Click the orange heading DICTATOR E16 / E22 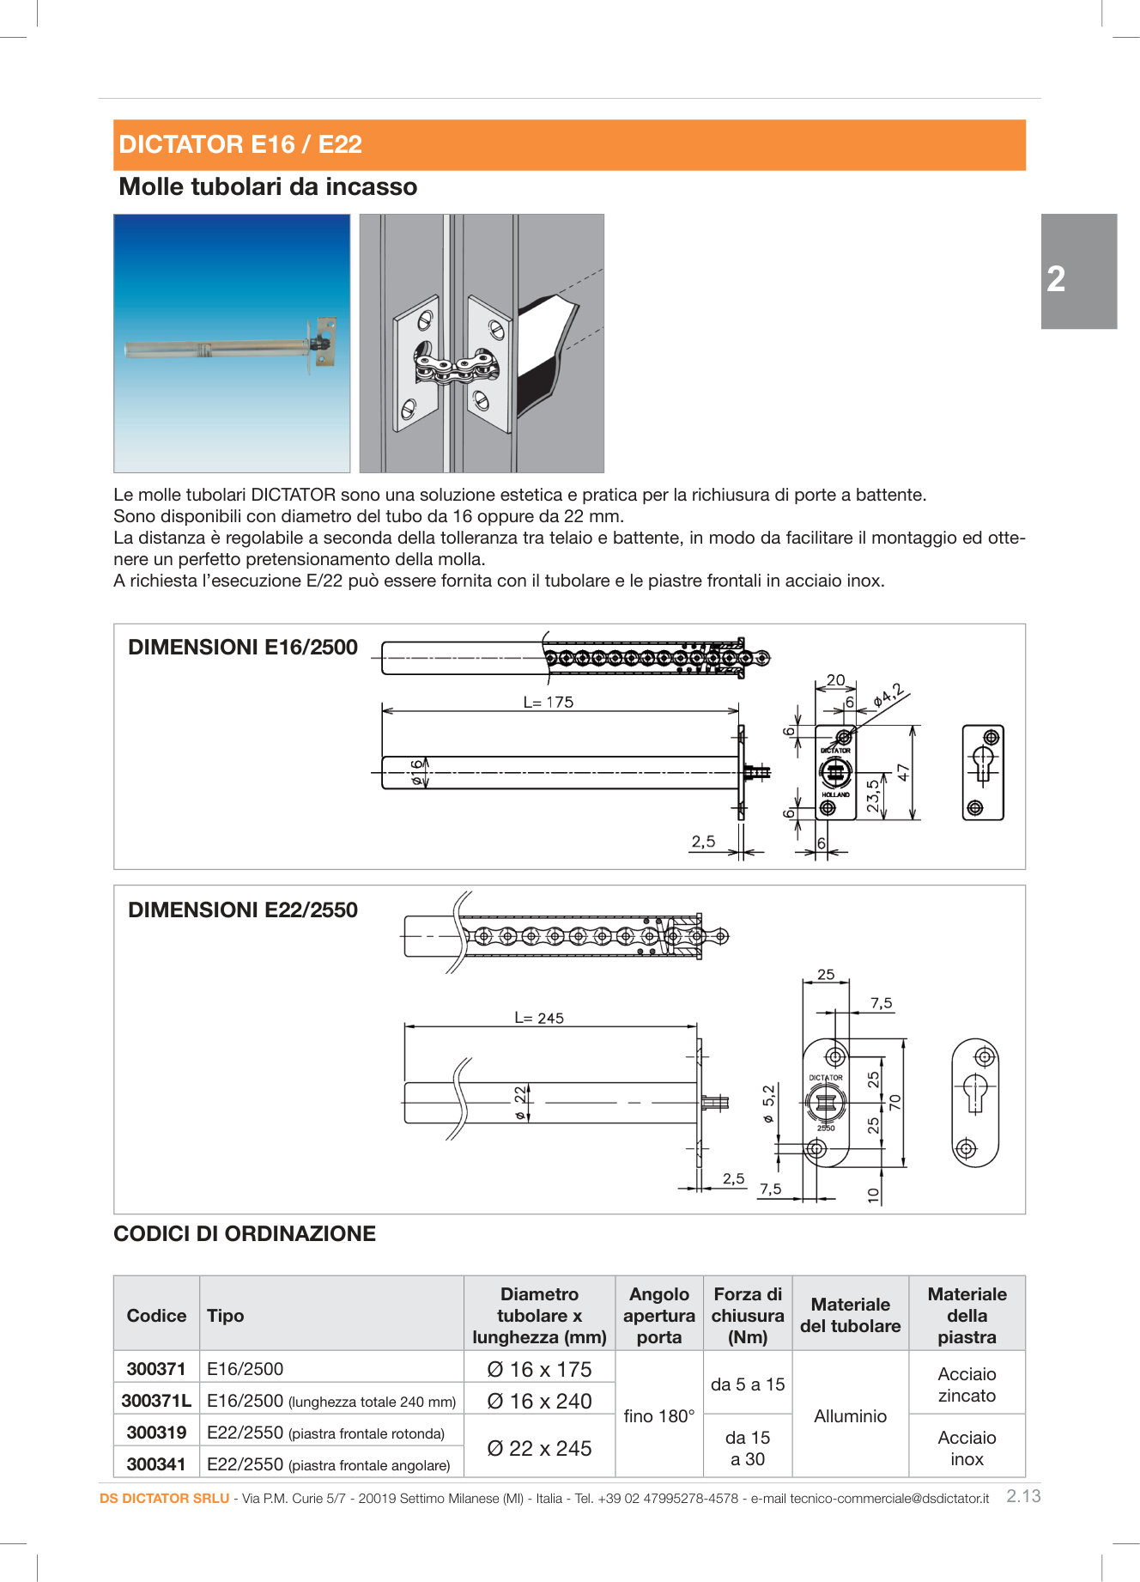(x=240, y=144)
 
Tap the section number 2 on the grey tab (x=1056, y=279)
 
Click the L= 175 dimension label (x=548, y=702)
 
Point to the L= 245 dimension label (x=539, y=1018)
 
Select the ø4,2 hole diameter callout (x=888, y=694)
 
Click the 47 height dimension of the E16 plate (x=903, y=771)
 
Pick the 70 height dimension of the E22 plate (x=895, y=1102)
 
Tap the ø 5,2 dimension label (x=768, y=1104)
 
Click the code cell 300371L (x=156, y=1401)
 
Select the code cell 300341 (x=156, y=1464)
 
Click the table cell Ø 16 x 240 (x=539, y=1401)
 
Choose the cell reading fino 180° (x=658, y=1416)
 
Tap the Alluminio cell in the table (x=850, y=1416)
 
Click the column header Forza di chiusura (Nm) (x=747, y=1315)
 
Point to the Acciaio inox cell (x=967, y=1448)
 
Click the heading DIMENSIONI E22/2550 (x=243, y=910)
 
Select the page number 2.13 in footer (x=1023, y=1496)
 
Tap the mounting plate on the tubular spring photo (x=325, y=341)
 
